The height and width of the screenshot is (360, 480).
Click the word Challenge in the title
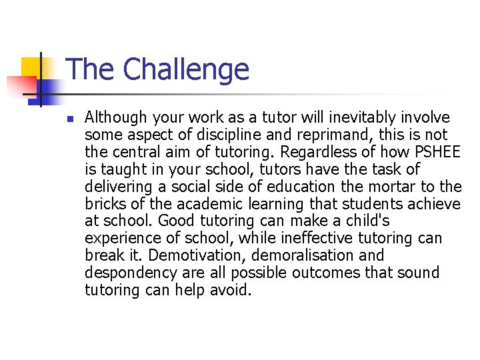186,69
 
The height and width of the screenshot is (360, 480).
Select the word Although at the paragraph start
116,118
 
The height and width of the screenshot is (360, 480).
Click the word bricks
104,204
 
